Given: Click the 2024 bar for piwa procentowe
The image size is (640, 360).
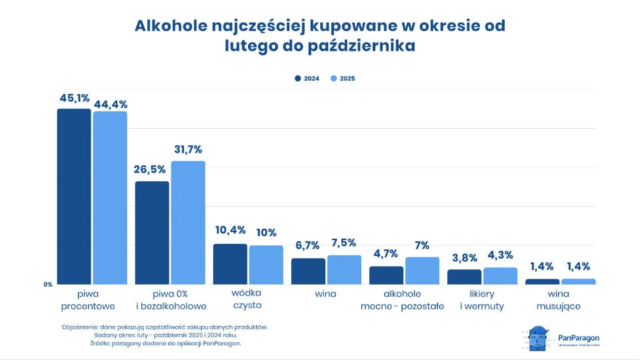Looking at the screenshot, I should [x=73, y=197].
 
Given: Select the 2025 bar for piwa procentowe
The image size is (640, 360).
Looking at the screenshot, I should [x=110, y=198].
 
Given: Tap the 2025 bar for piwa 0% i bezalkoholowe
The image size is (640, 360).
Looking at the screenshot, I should [x=188, y=223].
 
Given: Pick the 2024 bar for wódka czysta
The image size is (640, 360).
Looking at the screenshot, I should [x=230, y=264].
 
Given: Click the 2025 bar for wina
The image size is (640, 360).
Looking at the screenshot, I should [x=344, y=269].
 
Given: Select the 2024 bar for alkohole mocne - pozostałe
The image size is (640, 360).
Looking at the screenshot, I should [x=386, y=275].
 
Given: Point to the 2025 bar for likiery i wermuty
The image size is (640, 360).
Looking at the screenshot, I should [x=500, y=276].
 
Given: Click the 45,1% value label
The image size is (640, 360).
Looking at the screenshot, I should [x=74, y=98].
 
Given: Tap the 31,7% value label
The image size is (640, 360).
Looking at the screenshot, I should [x=188, y=149].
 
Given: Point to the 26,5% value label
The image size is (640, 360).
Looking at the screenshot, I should [x=151, y=169].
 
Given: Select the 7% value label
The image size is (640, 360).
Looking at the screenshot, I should [x=421, y=245].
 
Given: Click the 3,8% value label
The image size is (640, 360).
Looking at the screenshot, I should [x=464, y=258].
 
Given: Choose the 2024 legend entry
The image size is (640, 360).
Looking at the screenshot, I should [x=307, y=79].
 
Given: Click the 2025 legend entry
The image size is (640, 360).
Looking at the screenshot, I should [x=343, y=79].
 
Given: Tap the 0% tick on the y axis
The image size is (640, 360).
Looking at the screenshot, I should [x=48, y=285].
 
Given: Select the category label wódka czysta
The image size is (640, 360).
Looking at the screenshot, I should [x=247, y=299].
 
